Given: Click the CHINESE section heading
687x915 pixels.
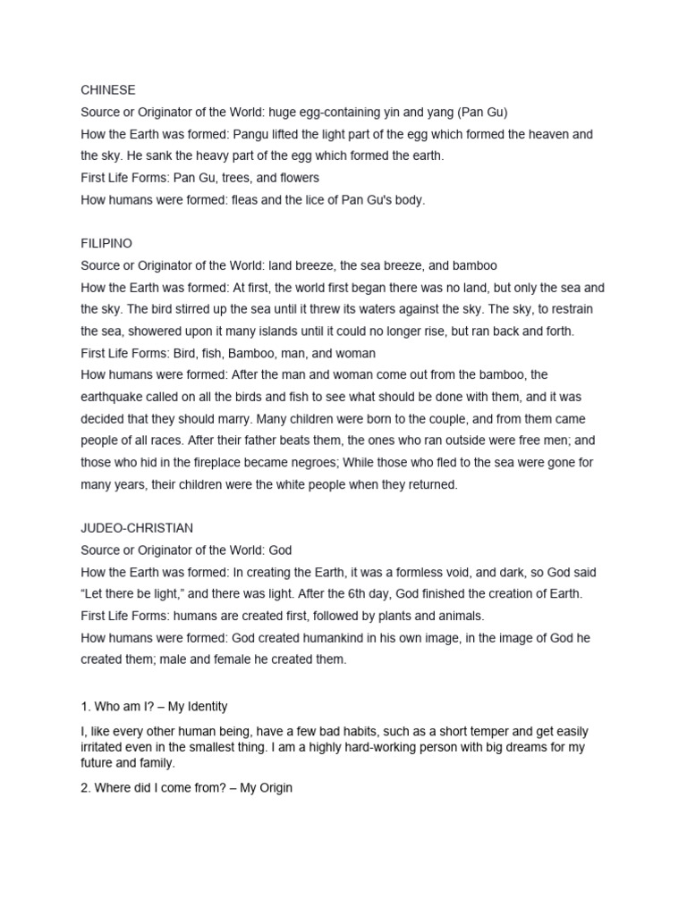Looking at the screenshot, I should tap(107, 90).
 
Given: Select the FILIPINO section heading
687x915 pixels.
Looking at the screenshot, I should tap(106, 243).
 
